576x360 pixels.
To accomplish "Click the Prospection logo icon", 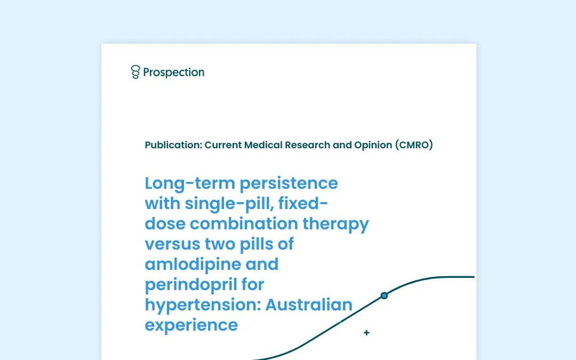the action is (x=135, y=72).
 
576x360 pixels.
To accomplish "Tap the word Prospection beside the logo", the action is (x=174, y=73).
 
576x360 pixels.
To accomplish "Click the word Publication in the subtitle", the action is (x=173, y=145).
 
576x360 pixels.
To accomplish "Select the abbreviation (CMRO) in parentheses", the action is (x=414, y=145).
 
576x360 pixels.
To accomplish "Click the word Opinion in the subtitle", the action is (x=373, y=145).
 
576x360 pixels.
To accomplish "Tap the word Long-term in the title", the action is (x=190, y=183).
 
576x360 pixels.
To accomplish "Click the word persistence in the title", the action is (x=289, y=183).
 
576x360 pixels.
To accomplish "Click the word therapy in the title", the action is (x=336, y=224).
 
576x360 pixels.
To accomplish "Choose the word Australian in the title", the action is (x=309, y=305).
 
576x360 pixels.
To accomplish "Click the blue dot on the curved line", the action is (x=384, y=295).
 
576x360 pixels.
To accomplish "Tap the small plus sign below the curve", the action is (x=366, y=332).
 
